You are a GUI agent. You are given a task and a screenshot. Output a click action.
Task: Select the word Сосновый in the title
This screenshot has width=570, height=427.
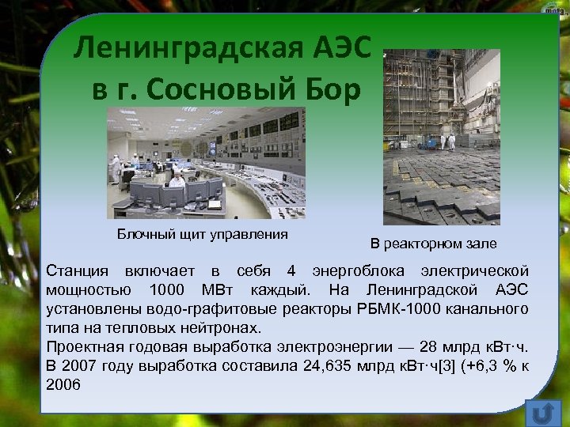214,89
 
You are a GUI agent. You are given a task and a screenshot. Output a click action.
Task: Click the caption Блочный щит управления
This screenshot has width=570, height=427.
202,234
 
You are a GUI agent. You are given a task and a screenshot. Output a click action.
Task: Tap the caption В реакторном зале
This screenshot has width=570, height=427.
434,244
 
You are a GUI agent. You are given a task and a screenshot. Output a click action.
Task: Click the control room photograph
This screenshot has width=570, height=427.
206,162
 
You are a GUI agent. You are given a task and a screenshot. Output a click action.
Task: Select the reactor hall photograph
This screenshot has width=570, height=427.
442,137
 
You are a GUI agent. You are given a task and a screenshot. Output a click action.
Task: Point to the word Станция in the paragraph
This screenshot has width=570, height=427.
77,271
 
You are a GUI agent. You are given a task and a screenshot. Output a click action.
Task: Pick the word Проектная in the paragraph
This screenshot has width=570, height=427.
80,346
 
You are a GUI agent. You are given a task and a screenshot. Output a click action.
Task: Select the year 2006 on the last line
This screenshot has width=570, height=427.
64,384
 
